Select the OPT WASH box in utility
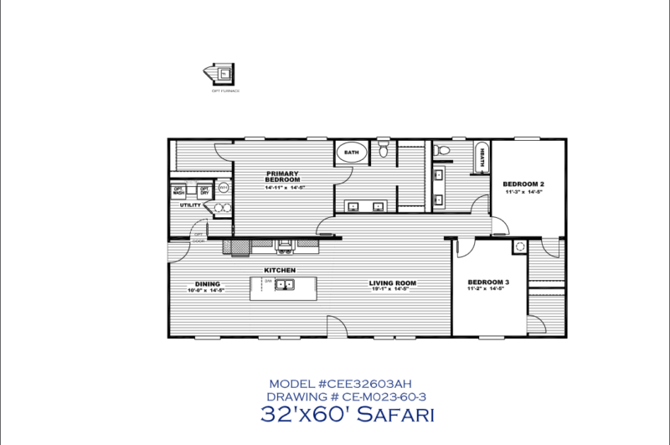[178, 190]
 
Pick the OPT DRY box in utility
[204, 190]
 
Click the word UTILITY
[189, 204]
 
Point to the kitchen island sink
[284, 286]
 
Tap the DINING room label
[208, 283]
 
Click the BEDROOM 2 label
[523, 184]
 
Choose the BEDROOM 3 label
[488, 282]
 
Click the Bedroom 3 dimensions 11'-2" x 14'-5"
[488, 290]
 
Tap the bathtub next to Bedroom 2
[483, 158]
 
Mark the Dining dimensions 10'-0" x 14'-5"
[208, 291]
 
